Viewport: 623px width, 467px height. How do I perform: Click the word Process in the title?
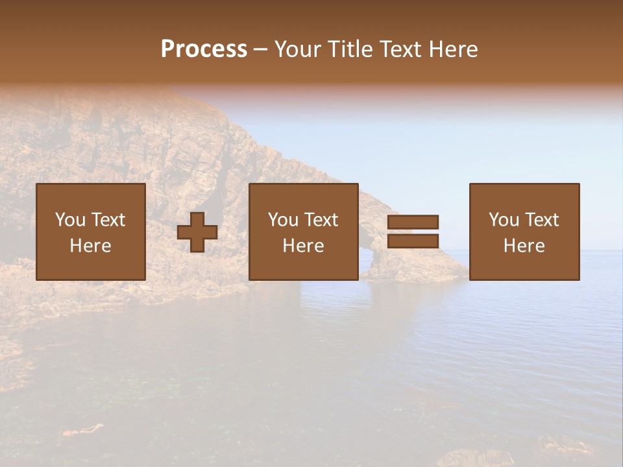tap(204, 49)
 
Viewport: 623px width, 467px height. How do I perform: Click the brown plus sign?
tap(197, 232)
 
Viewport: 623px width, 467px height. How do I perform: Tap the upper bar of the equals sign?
tap(413, 222)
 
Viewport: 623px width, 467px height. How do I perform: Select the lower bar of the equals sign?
tap(413, 241)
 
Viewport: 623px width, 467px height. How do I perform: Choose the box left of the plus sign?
tap(91, 232)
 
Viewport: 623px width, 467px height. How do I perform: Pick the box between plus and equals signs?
tap(304, 232)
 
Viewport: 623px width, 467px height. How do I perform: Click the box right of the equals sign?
tap(524, 232)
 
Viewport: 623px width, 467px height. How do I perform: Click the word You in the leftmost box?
tap(70, 220)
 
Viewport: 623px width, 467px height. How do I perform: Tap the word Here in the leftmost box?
tap(91, 246)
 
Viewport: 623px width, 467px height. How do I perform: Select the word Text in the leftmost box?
tap(108, 220)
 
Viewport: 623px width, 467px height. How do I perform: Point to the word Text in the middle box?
tap(321, 220)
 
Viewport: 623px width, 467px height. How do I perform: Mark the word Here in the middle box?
tap(304, 246)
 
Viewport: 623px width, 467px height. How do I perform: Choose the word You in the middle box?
tap(283, 220)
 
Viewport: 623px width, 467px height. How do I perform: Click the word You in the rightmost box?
tap(504, 220)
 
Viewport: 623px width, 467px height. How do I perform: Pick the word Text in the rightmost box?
tap(541, 220)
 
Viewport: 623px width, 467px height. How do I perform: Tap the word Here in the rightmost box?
tap(524, 246)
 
